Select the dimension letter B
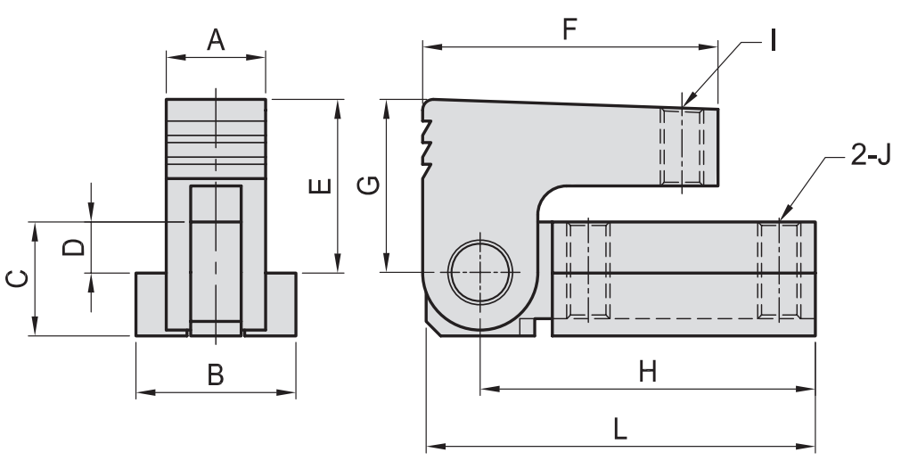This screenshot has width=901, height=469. tap(215, 375)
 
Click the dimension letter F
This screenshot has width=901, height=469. tap(569, 29)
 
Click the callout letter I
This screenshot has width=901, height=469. tap(773, 41)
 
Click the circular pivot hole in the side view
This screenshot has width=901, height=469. tap(480, 271)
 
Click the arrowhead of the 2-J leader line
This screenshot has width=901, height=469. tap(781, 218)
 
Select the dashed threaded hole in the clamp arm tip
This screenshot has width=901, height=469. tap(682, 147)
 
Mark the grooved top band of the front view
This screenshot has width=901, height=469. tap(216, 138)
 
